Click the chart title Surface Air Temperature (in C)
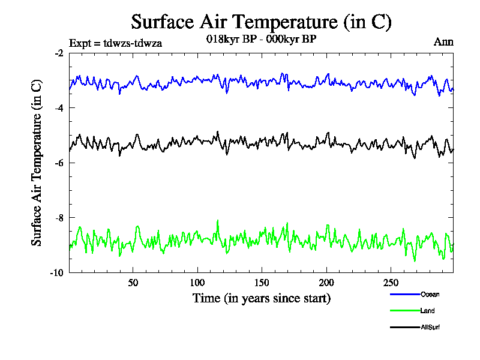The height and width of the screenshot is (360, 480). click(261, 22)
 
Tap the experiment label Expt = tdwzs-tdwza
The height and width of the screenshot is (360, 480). click(116, 43)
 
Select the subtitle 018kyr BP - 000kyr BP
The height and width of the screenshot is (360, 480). click(261, 38)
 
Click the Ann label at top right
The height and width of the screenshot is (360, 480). click(443, 42)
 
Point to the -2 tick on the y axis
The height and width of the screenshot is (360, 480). click(59, 53)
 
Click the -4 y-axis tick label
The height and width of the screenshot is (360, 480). click(59, 108)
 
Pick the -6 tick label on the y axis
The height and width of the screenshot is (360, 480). click(59, 163)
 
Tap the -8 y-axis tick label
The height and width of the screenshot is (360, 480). click(59, 218)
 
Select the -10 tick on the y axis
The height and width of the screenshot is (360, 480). click(57, 272)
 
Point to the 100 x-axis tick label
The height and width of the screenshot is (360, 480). click(197, 283)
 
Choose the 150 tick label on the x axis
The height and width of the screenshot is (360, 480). click(262, 283)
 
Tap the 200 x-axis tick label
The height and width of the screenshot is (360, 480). click(326, 283)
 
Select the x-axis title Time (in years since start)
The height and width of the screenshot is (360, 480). click(261, 298)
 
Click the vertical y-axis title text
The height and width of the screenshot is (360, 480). click(37, 163)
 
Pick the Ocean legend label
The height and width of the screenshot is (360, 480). click(430, 294)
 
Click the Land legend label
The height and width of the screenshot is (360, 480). click(428, 311)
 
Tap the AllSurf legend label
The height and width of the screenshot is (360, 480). click(431, 327)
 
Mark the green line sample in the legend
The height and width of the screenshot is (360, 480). click(404, 311)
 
